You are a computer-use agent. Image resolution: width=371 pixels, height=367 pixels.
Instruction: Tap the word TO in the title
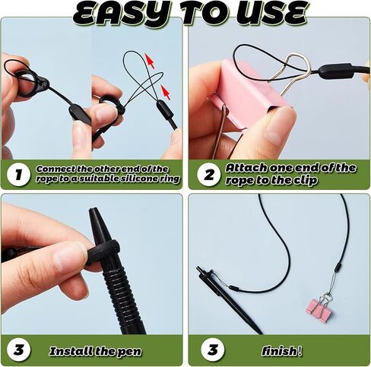pos(203,14)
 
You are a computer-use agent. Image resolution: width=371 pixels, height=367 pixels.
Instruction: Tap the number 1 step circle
pos(18,175)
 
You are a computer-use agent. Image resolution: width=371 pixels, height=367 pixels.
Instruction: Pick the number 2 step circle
pos(209,175)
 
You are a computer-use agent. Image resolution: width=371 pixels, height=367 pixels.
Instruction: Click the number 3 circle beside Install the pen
pos(18,350)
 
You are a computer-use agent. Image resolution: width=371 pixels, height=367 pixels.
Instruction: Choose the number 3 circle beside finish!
pos(213,350)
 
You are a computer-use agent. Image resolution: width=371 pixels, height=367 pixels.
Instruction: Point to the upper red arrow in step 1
pos(150,60)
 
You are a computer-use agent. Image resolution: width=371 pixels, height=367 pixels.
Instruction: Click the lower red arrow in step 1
pos(165,92)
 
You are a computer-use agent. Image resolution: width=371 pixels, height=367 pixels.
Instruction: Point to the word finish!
pos(281,351)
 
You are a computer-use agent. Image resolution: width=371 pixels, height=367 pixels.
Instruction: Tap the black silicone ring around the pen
pos(103,248)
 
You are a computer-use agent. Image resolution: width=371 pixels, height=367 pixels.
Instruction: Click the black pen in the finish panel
pos(228,300)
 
